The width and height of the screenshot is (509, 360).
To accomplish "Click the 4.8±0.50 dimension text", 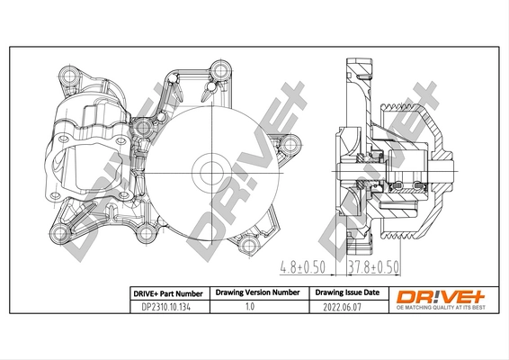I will tap(300, 267).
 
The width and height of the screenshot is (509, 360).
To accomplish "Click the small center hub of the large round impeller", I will tap(211, 167).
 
